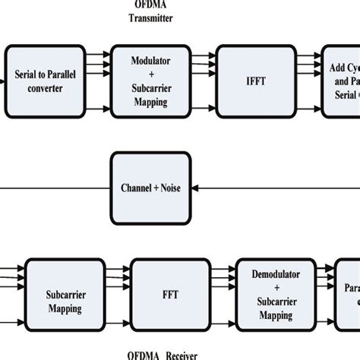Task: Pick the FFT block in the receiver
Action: pyautogui.click(x=165, y=293)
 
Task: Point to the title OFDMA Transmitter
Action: pyautogui.click(x=149, y=11)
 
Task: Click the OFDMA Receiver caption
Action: pyautogui.click(x=156, y=352)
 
